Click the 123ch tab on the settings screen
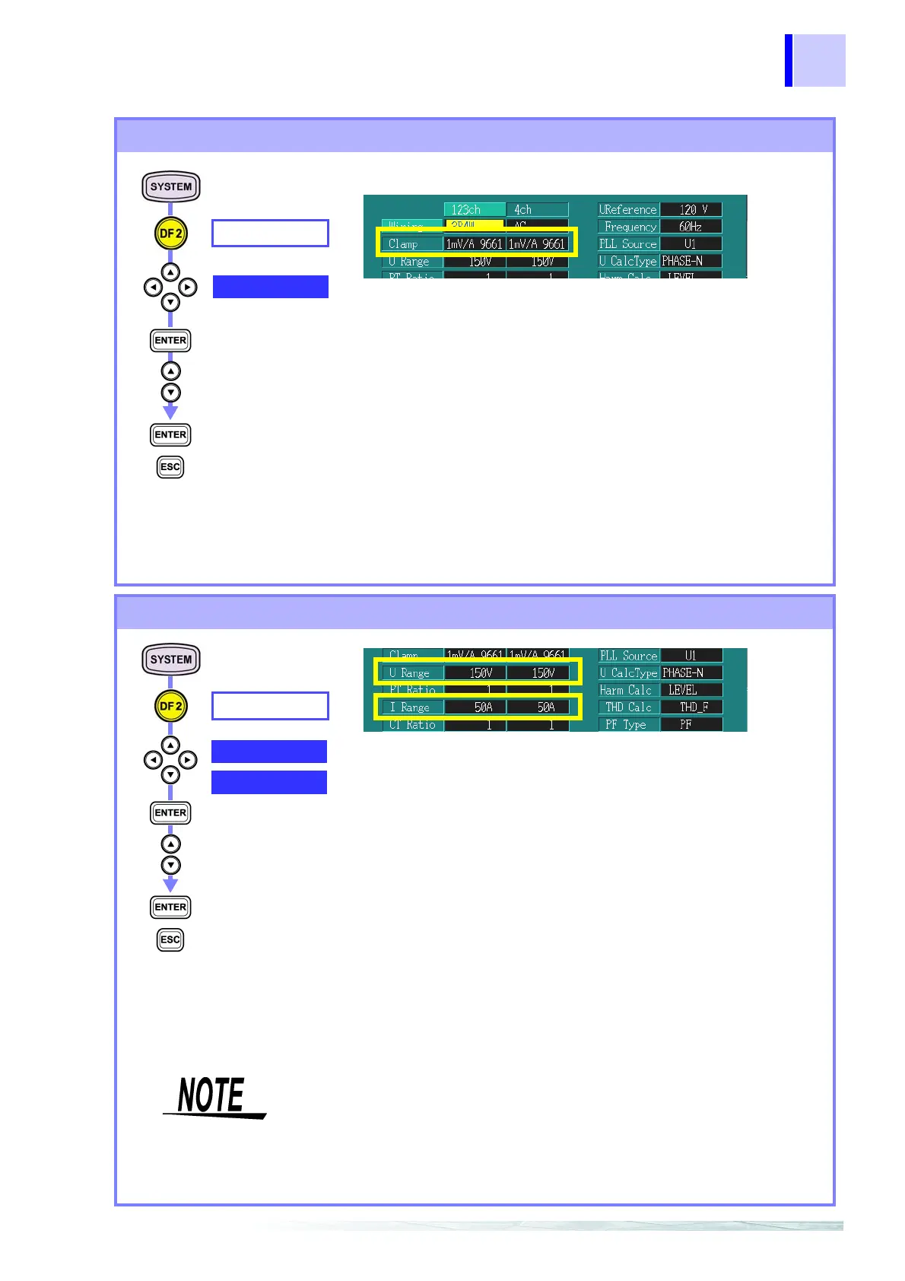pos(474,209)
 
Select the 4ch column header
pos(537,209)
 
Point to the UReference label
pos(627,209)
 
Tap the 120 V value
pos(691,209)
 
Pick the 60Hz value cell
pos(691,227)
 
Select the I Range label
pos(411,707)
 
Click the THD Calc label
pos(628,707)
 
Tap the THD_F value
pos(691,707)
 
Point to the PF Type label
pos(628,724)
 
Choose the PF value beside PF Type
pos(691,724)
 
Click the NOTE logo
pos(214,1097)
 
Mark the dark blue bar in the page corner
pos(789,60)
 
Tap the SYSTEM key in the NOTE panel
pos(171,660)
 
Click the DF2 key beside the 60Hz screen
pos(170,234)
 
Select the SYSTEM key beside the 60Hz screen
pos(171,186)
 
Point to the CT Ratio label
pos(411,725)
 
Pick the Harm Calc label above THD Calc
pos(628,690)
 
